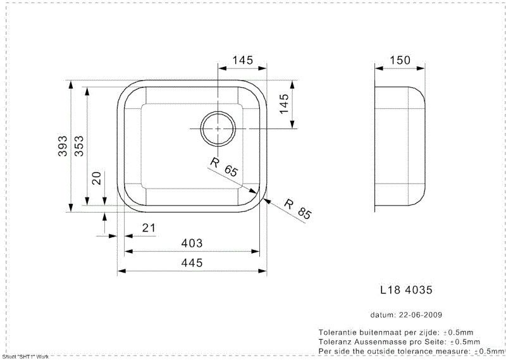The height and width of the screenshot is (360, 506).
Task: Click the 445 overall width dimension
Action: [192, 263]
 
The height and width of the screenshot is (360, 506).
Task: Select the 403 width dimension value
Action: [192, 243]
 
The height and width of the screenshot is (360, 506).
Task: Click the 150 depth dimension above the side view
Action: [400, 60]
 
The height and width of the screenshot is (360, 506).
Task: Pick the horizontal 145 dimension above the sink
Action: [243, 60]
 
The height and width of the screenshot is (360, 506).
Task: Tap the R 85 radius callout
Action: [297, 209]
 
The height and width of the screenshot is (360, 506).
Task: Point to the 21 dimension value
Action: [149, 228]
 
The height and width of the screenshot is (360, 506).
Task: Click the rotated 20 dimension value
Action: [97, 178]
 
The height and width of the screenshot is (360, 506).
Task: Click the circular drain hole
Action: [218, 128]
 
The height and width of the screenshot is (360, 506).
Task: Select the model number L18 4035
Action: [406, 290]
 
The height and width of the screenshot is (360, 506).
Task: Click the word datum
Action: [381, 314]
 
